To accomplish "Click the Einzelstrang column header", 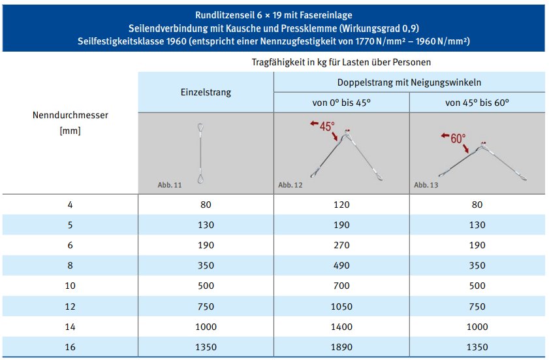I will pyautogui.click(x=206, y=93).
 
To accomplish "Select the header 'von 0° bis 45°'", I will pyautogui.click(x=341, y=103).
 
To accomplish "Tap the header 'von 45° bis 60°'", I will pyautogui.click(x=477, y=103).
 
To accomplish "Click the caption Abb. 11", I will pyautogui.click(x=169, y=186).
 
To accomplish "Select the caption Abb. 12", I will pyautogui.click(x=290, y=186).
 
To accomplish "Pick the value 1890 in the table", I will pyautogui.click(x=341, y=347).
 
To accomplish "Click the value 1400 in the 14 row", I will pyautogui.click(x=341, y=327).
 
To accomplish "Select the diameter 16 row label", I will pyautogui.click(x=71, y=347).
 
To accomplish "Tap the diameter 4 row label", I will pyautogui.click(x=71, y=205).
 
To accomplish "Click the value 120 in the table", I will pyautogui.click(x=341, y=205).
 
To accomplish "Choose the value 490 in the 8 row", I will pyautogui.click(x=341, y=266).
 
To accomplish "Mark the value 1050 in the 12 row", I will pyautogui.click(x=341, y=306).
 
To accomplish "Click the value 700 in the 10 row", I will pyautogui.click(x=341, y=286).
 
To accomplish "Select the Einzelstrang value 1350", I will pyautogui.click(x=206, y=347).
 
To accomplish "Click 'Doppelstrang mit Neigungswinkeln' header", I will pyautogui.click(x=409, y=82).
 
